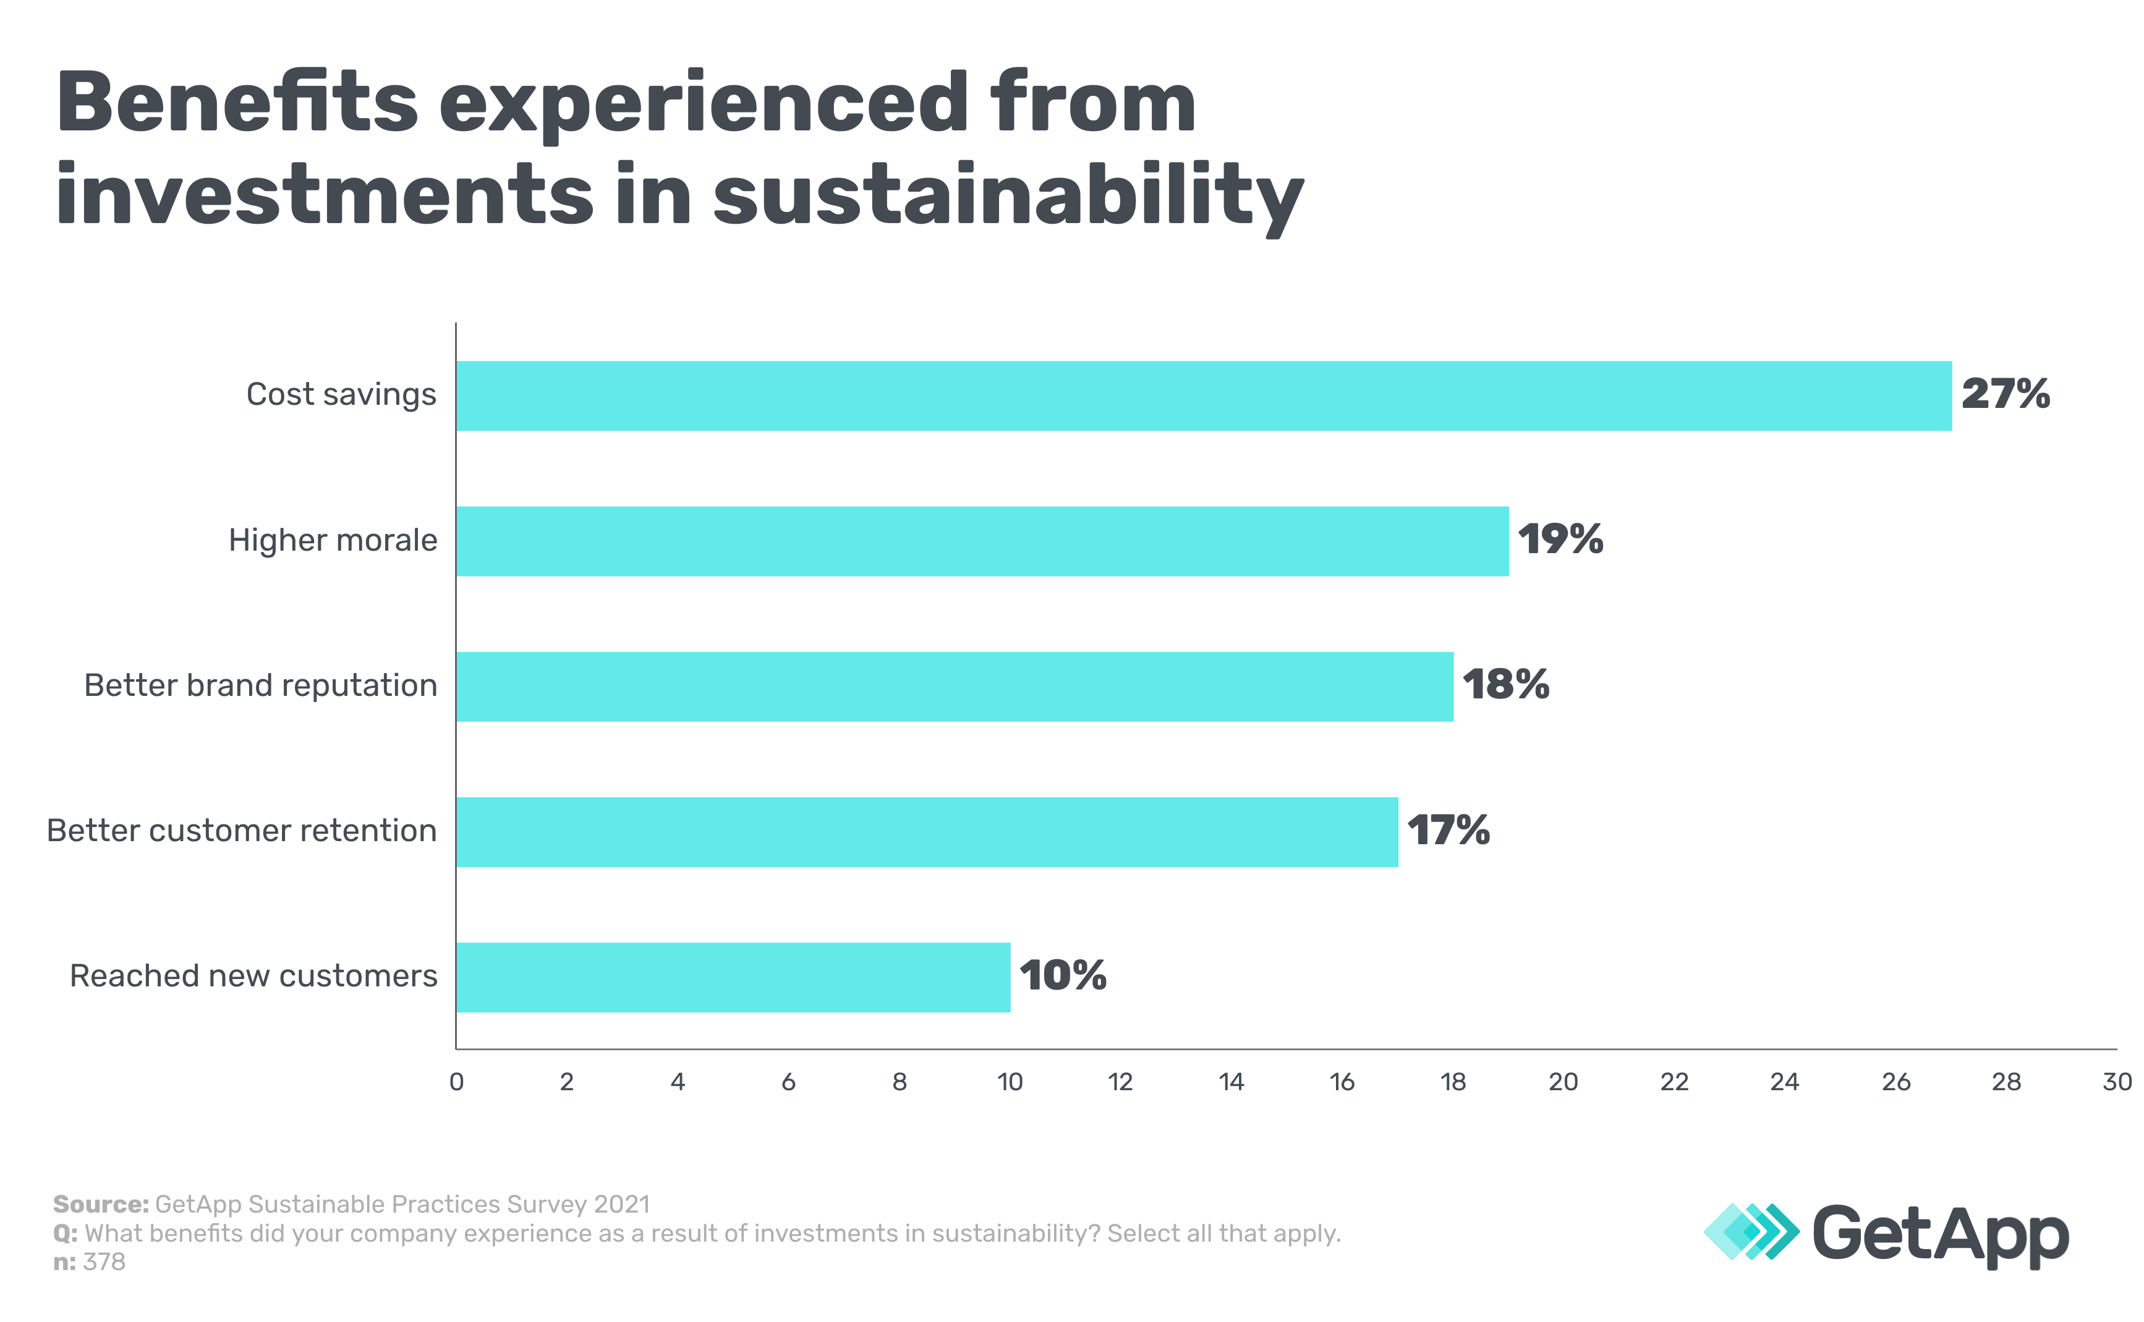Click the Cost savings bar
(1203, 396)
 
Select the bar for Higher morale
(982, 541)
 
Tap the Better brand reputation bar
(954, 687)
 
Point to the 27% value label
(2005, 394)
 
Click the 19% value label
(1560, 540)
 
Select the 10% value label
(1062, 976)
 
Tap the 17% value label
(1448, 831)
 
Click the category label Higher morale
(333, 540)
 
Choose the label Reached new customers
(253, 976)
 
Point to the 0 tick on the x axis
(456, 1082)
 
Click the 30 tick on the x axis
(2117, 1082)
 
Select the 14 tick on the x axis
(1231, 1082)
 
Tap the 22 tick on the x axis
(1674, 1082)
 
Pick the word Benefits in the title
(238, 103)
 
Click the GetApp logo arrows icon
(1751, 1232)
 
